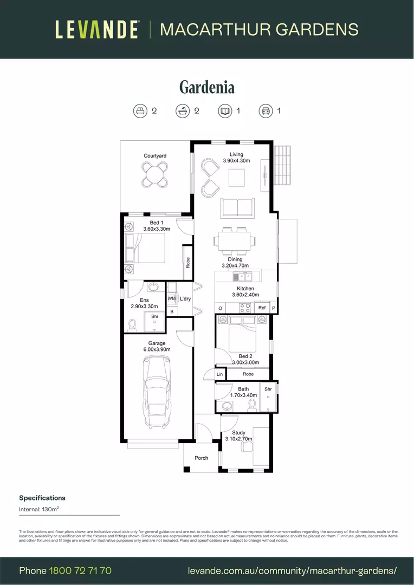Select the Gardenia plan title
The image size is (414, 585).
[x=207, y=87]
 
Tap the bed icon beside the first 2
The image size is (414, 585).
[x=140, y=111]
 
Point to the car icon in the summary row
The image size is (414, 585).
[x=266, y=111]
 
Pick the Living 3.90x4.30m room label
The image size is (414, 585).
[x=236, y=158]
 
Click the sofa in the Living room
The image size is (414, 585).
[x=237, y=209]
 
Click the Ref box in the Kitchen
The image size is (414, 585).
[x=262, y=308]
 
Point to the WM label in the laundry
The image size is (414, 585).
[x=171, y=298]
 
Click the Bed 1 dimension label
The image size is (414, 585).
[x=157, y=226]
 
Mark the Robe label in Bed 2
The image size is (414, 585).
[x=248, y=374]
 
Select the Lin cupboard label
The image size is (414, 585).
[x=219, y=374]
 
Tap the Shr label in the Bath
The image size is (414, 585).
[x=268, y=389]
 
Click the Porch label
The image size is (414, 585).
[x=202, y=458]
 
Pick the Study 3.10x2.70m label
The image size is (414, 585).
[x=239, y=435]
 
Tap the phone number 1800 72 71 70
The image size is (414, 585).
[x=80, y=570]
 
